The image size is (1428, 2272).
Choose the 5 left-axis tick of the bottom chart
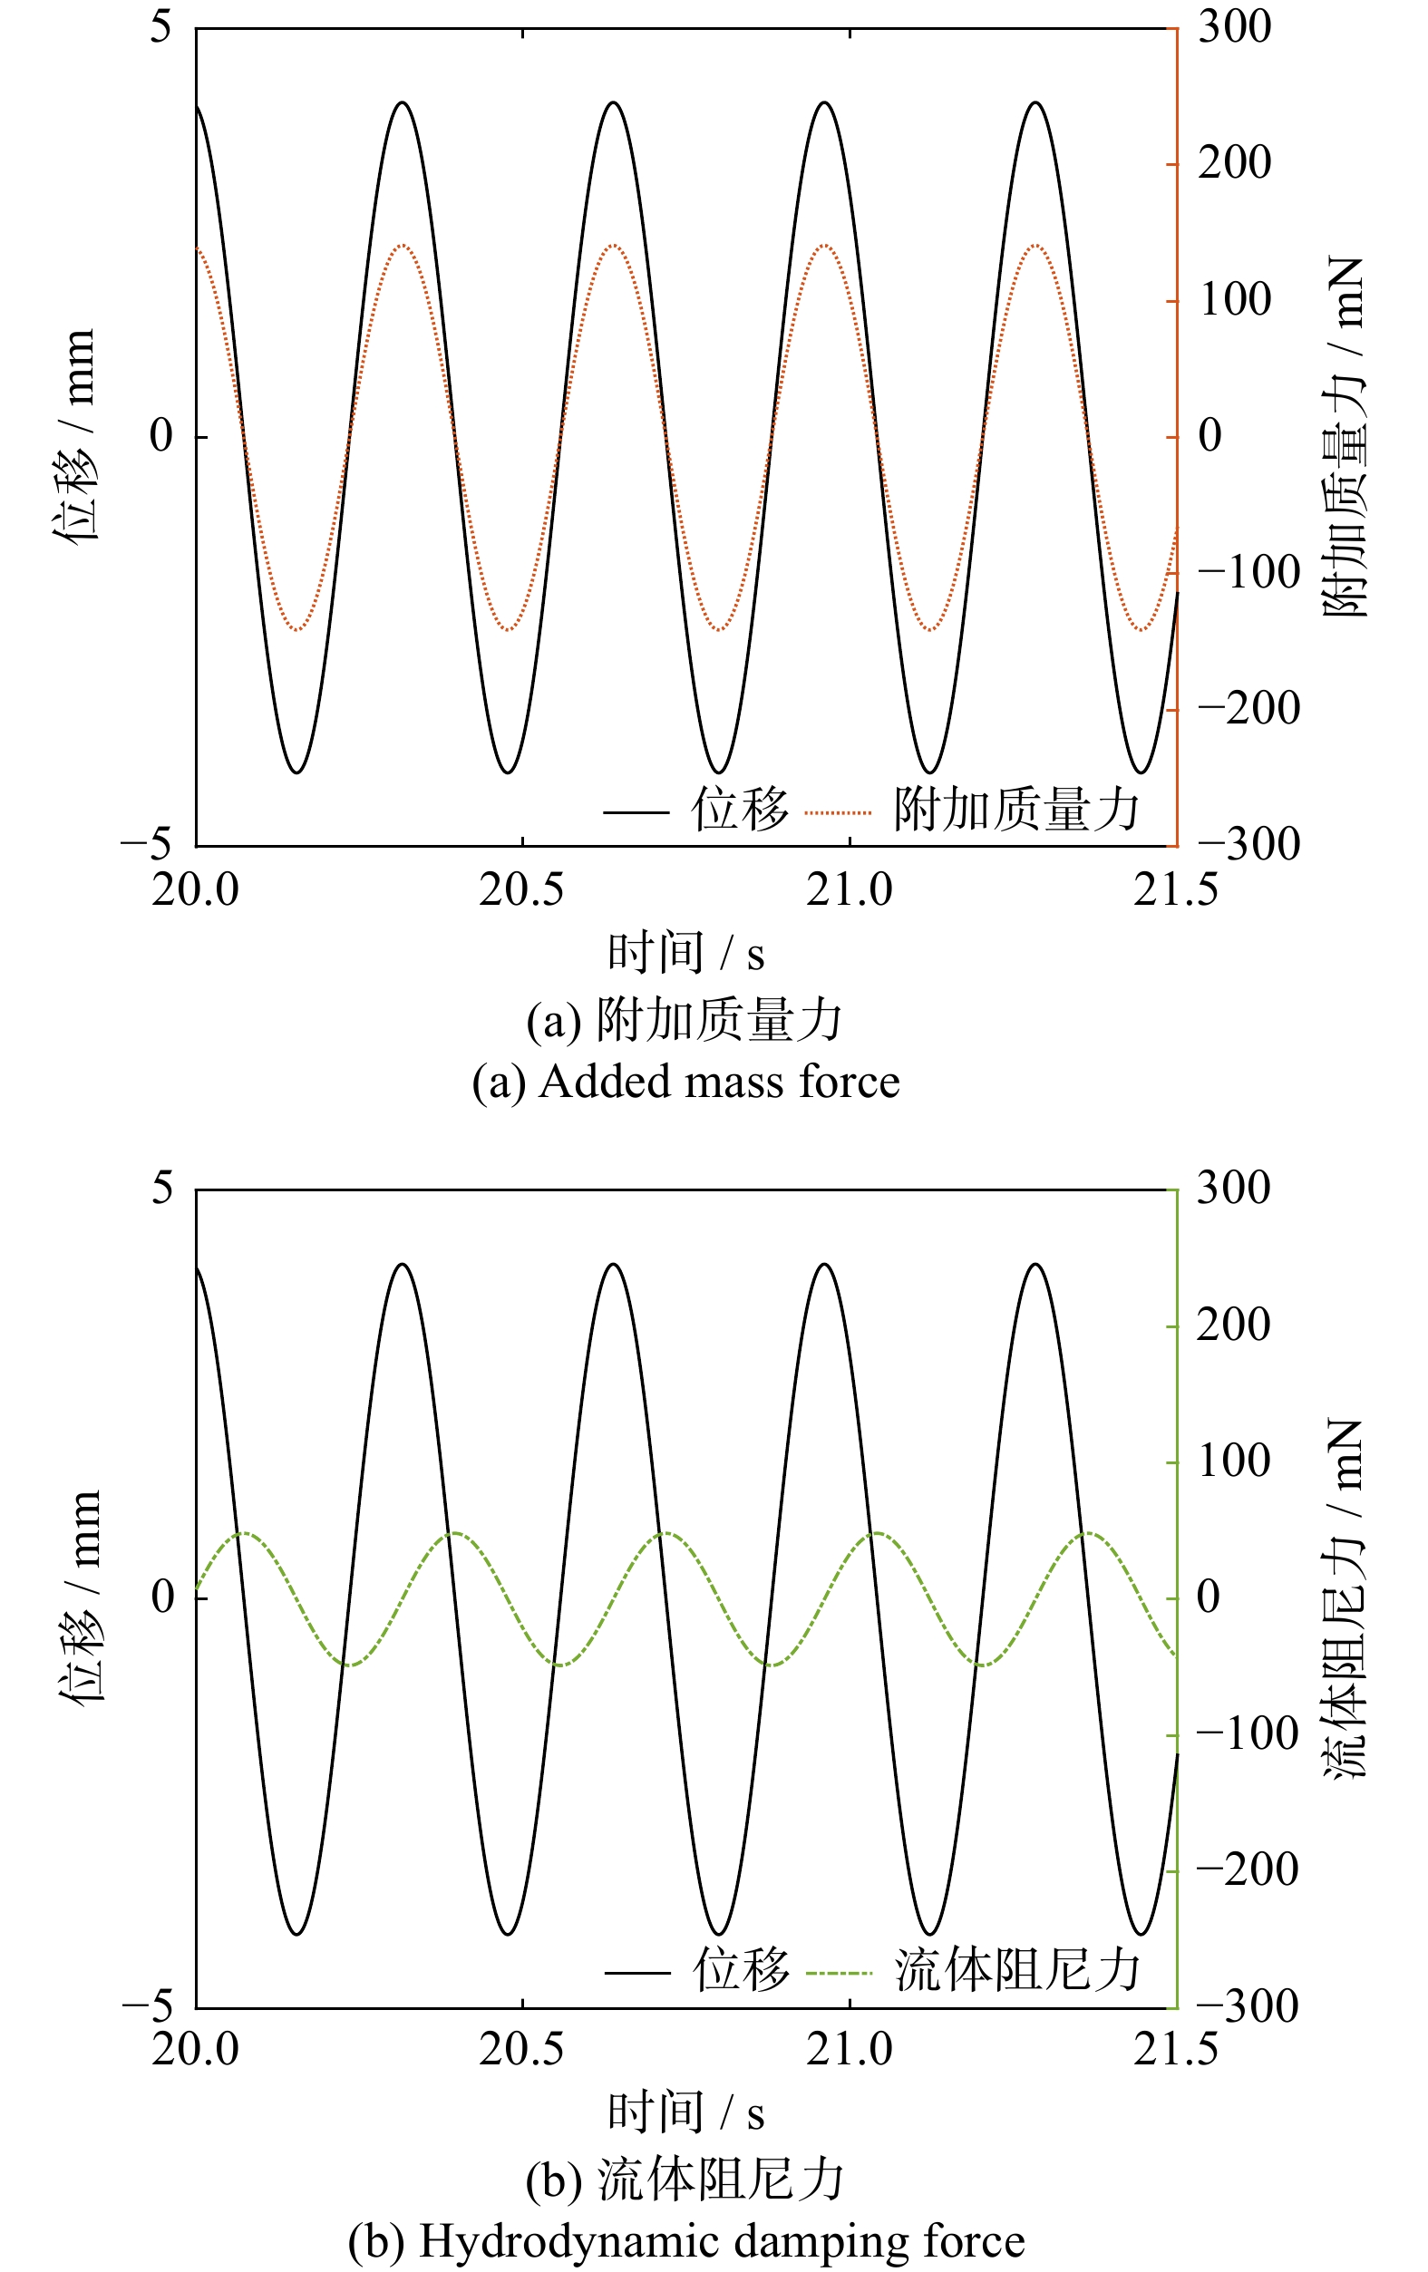click(163, 1188)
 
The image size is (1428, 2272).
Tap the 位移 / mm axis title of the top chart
click(75, 436)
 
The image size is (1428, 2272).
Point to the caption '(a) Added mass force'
click(685, 1083)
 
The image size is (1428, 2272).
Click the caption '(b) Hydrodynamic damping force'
click(685, 2242)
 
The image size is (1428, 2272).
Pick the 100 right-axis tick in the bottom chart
click(1234, 1461)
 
